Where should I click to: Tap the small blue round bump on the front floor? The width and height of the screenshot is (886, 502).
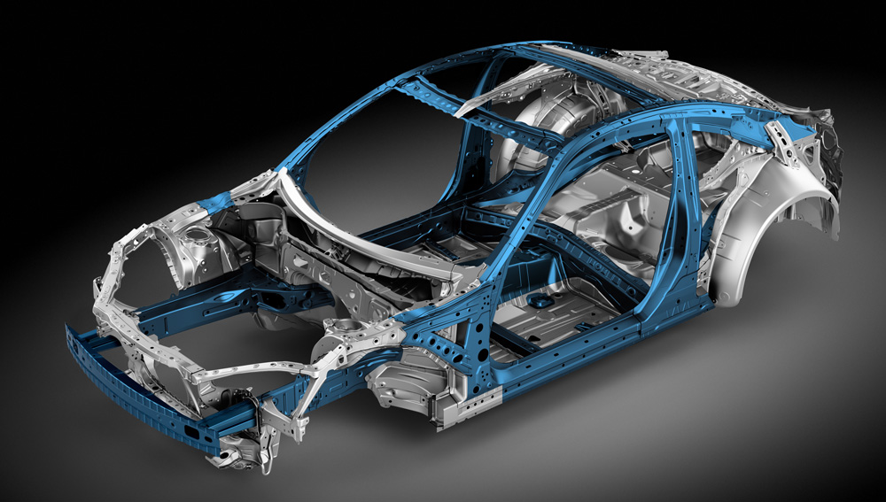[537, 302]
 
